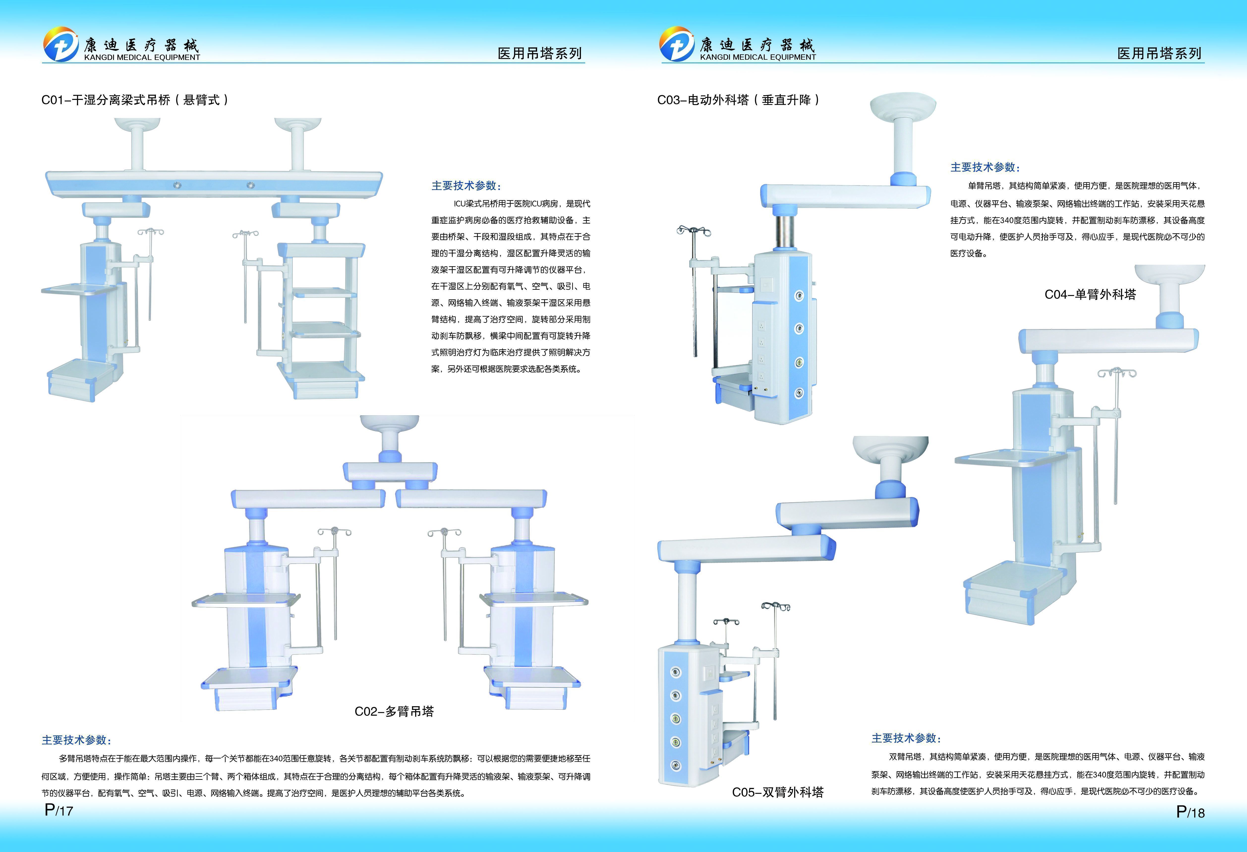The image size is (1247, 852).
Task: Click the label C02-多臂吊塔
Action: tap(394, 711)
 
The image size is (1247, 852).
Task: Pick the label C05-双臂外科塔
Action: tap(778, 792)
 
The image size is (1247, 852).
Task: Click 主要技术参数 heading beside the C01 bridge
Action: tap(466, 186)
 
